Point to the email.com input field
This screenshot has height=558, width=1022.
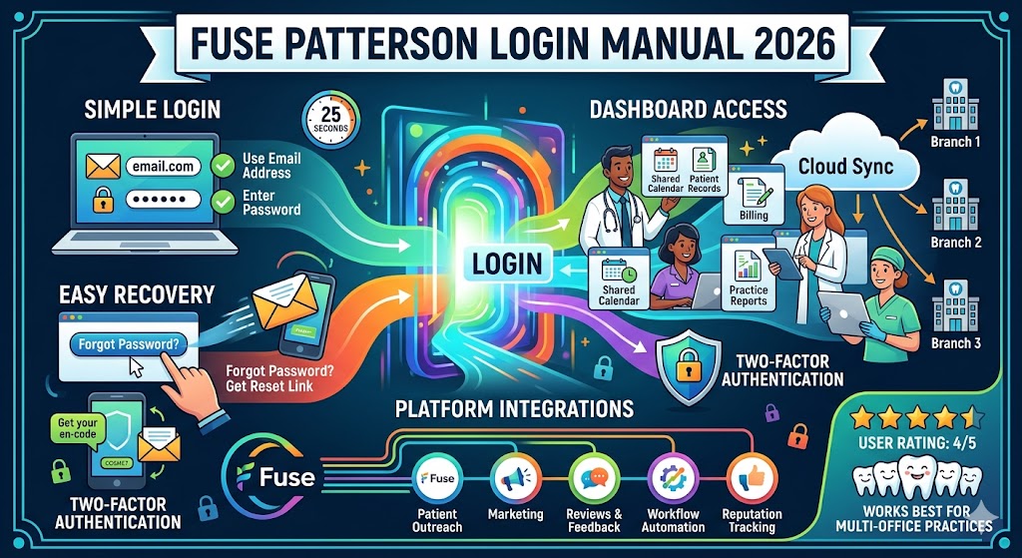tap(159, 168)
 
